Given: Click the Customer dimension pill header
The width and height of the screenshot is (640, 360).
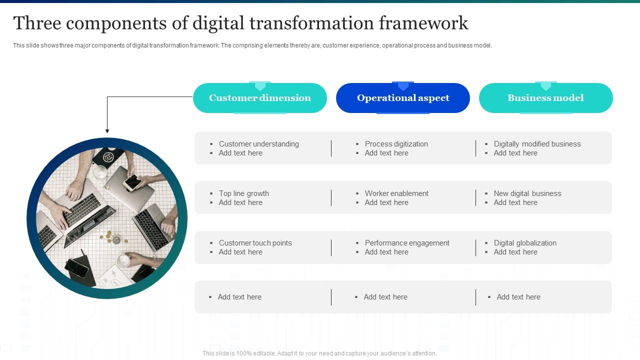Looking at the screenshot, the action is (x=259, y=98).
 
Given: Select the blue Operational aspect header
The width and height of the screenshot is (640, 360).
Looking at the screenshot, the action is (x=403, y=98).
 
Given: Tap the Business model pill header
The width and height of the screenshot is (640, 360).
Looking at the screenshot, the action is (x=545, y=98).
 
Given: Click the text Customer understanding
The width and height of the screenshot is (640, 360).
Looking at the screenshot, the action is (x=259, y=144).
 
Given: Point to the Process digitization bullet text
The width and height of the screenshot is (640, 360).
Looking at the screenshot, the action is (x=396, y=144).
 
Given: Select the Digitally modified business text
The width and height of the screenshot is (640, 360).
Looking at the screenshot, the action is (x=537, y=144).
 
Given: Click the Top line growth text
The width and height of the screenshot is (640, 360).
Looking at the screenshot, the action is (x=243, y=193).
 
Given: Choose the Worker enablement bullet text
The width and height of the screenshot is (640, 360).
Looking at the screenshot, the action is (x=396, y=193).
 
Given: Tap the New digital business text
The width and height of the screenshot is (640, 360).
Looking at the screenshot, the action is (x=527, y=193).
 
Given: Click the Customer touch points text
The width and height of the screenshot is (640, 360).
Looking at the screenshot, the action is (x=255, y=243).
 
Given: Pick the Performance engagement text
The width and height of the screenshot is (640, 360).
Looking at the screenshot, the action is (x=407, y=243).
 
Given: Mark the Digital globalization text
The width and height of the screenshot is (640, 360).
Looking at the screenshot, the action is (x=525, y=243).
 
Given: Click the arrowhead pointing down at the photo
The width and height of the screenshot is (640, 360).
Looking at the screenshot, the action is (x=107, y=131).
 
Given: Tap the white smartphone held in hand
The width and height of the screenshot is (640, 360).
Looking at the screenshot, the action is (x=132, y=182).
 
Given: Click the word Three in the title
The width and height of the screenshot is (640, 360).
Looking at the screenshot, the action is (x=37, y=23).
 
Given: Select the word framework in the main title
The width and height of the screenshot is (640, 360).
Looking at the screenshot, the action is (x=423, y=23).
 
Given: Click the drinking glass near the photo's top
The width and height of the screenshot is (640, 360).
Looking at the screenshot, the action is (x=100, y=173).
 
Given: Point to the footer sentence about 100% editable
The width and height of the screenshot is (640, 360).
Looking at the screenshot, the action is (x=319, y=353).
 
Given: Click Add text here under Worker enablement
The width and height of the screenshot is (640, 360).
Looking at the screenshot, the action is (x=386, y=202).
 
